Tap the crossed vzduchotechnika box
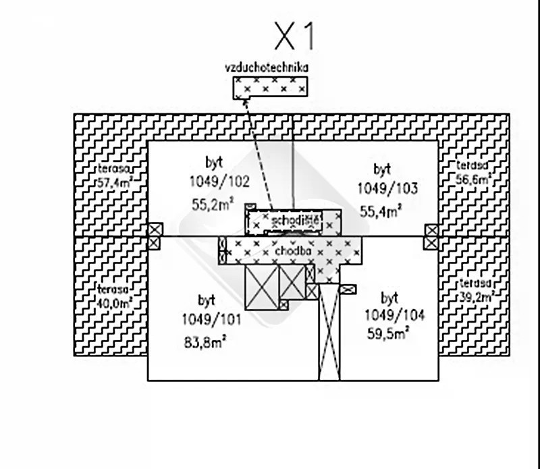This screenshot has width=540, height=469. tap(271, 88)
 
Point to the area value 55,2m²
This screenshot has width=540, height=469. tap(213, 204)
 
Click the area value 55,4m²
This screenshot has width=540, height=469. tap(381, 211)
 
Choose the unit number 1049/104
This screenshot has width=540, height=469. tap(395, 315)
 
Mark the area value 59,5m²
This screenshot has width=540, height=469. tap(389, 332)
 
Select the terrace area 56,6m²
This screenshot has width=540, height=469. tap(473, 179)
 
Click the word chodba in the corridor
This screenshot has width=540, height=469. tap(293, 250)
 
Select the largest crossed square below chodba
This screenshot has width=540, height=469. tap(262, 287)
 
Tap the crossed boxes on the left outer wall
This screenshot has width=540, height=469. tap(155, 236)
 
